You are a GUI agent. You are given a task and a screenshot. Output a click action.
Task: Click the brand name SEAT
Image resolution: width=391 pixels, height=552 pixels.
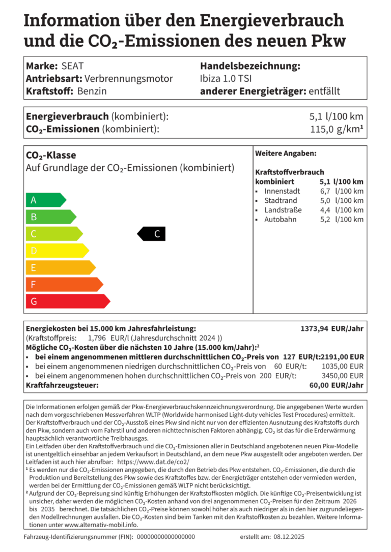(x=72, y=66)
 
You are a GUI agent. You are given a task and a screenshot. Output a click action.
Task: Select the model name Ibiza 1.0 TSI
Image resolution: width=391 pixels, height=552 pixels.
(x=226, y=79)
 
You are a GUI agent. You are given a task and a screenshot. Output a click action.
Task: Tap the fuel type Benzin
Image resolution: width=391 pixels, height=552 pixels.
(x=92, y=91)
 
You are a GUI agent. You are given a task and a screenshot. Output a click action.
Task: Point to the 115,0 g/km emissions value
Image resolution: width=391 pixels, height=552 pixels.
(x=337, y=129)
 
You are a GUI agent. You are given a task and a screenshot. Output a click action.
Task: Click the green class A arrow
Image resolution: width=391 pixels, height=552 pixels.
(x=45, y=200)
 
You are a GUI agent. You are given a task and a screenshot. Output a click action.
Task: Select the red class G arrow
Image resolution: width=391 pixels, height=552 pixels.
(x=67, y=301)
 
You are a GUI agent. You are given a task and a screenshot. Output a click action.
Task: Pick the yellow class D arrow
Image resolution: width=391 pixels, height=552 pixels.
(x=56, y=251)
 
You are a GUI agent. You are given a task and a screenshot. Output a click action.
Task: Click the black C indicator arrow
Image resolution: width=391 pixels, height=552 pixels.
(x=152, y=234)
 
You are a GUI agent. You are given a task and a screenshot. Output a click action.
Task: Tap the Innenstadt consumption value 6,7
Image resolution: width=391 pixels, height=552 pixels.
(x=325, y=191)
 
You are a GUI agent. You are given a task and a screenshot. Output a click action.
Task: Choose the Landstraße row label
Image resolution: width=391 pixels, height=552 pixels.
(x=283, y=210)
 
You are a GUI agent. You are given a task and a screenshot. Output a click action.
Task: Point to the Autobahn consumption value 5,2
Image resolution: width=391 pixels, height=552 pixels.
(x=325, y=220)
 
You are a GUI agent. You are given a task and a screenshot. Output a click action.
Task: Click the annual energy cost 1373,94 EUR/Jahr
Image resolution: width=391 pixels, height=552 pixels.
(x=332, y=329)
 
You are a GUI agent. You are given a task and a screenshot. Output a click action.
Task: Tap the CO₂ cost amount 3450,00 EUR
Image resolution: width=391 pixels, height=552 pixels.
(x=343, y=376)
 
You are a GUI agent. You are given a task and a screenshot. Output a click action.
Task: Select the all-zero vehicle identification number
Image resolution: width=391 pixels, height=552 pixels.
(x=166, y=537)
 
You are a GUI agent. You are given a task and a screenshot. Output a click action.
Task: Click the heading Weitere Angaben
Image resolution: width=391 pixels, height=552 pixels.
(x=286, y=153)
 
